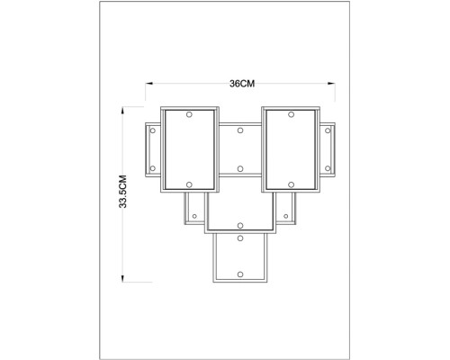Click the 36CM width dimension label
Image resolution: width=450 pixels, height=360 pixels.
[242, 84]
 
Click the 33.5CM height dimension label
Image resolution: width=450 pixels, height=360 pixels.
[122, 192]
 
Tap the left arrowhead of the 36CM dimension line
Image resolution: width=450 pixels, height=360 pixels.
[149, 84]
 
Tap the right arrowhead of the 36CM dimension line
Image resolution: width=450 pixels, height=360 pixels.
[331, 84]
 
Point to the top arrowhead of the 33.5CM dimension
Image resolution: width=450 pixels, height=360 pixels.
[122, 111]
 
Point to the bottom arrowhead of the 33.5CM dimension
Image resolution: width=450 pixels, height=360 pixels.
[122, 278]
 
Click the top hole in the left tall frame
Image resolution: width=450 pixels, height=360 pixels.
[189, 114]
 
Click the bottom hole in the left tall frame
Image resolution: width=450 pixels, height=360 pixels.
[189, 184]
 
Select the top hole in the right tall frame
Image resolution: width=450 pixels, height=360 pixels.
[291, 114]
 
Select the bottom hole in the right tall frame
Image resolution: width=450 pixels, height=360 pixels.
[291, 184]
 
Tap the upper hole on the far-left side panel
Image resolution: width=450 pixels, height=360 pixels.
[153, 130]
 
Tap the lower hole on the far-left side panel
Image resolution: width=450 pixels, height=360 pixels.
[153, 168]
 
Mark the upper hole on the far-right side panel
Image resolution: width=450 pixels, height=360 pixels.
[328, 130]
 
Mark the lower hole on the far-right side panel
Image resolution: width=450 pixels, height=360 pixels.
[328, 168]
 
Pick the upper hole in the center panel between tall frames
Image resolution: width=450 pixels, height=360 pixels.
[240, 130]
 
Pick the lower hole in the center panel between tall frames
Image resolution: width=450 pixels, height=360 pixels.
[240, 169]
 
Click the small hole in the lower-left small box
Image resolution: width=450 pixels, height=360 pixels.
[194, 216]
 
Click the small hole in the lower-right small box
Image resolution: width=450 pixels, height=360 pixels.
[285, 216]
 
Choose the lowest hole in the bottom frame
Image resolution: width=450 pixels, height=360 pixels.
[240, 274]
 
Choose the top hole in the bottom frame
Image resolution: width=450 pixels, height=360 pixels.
[240, 238]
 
